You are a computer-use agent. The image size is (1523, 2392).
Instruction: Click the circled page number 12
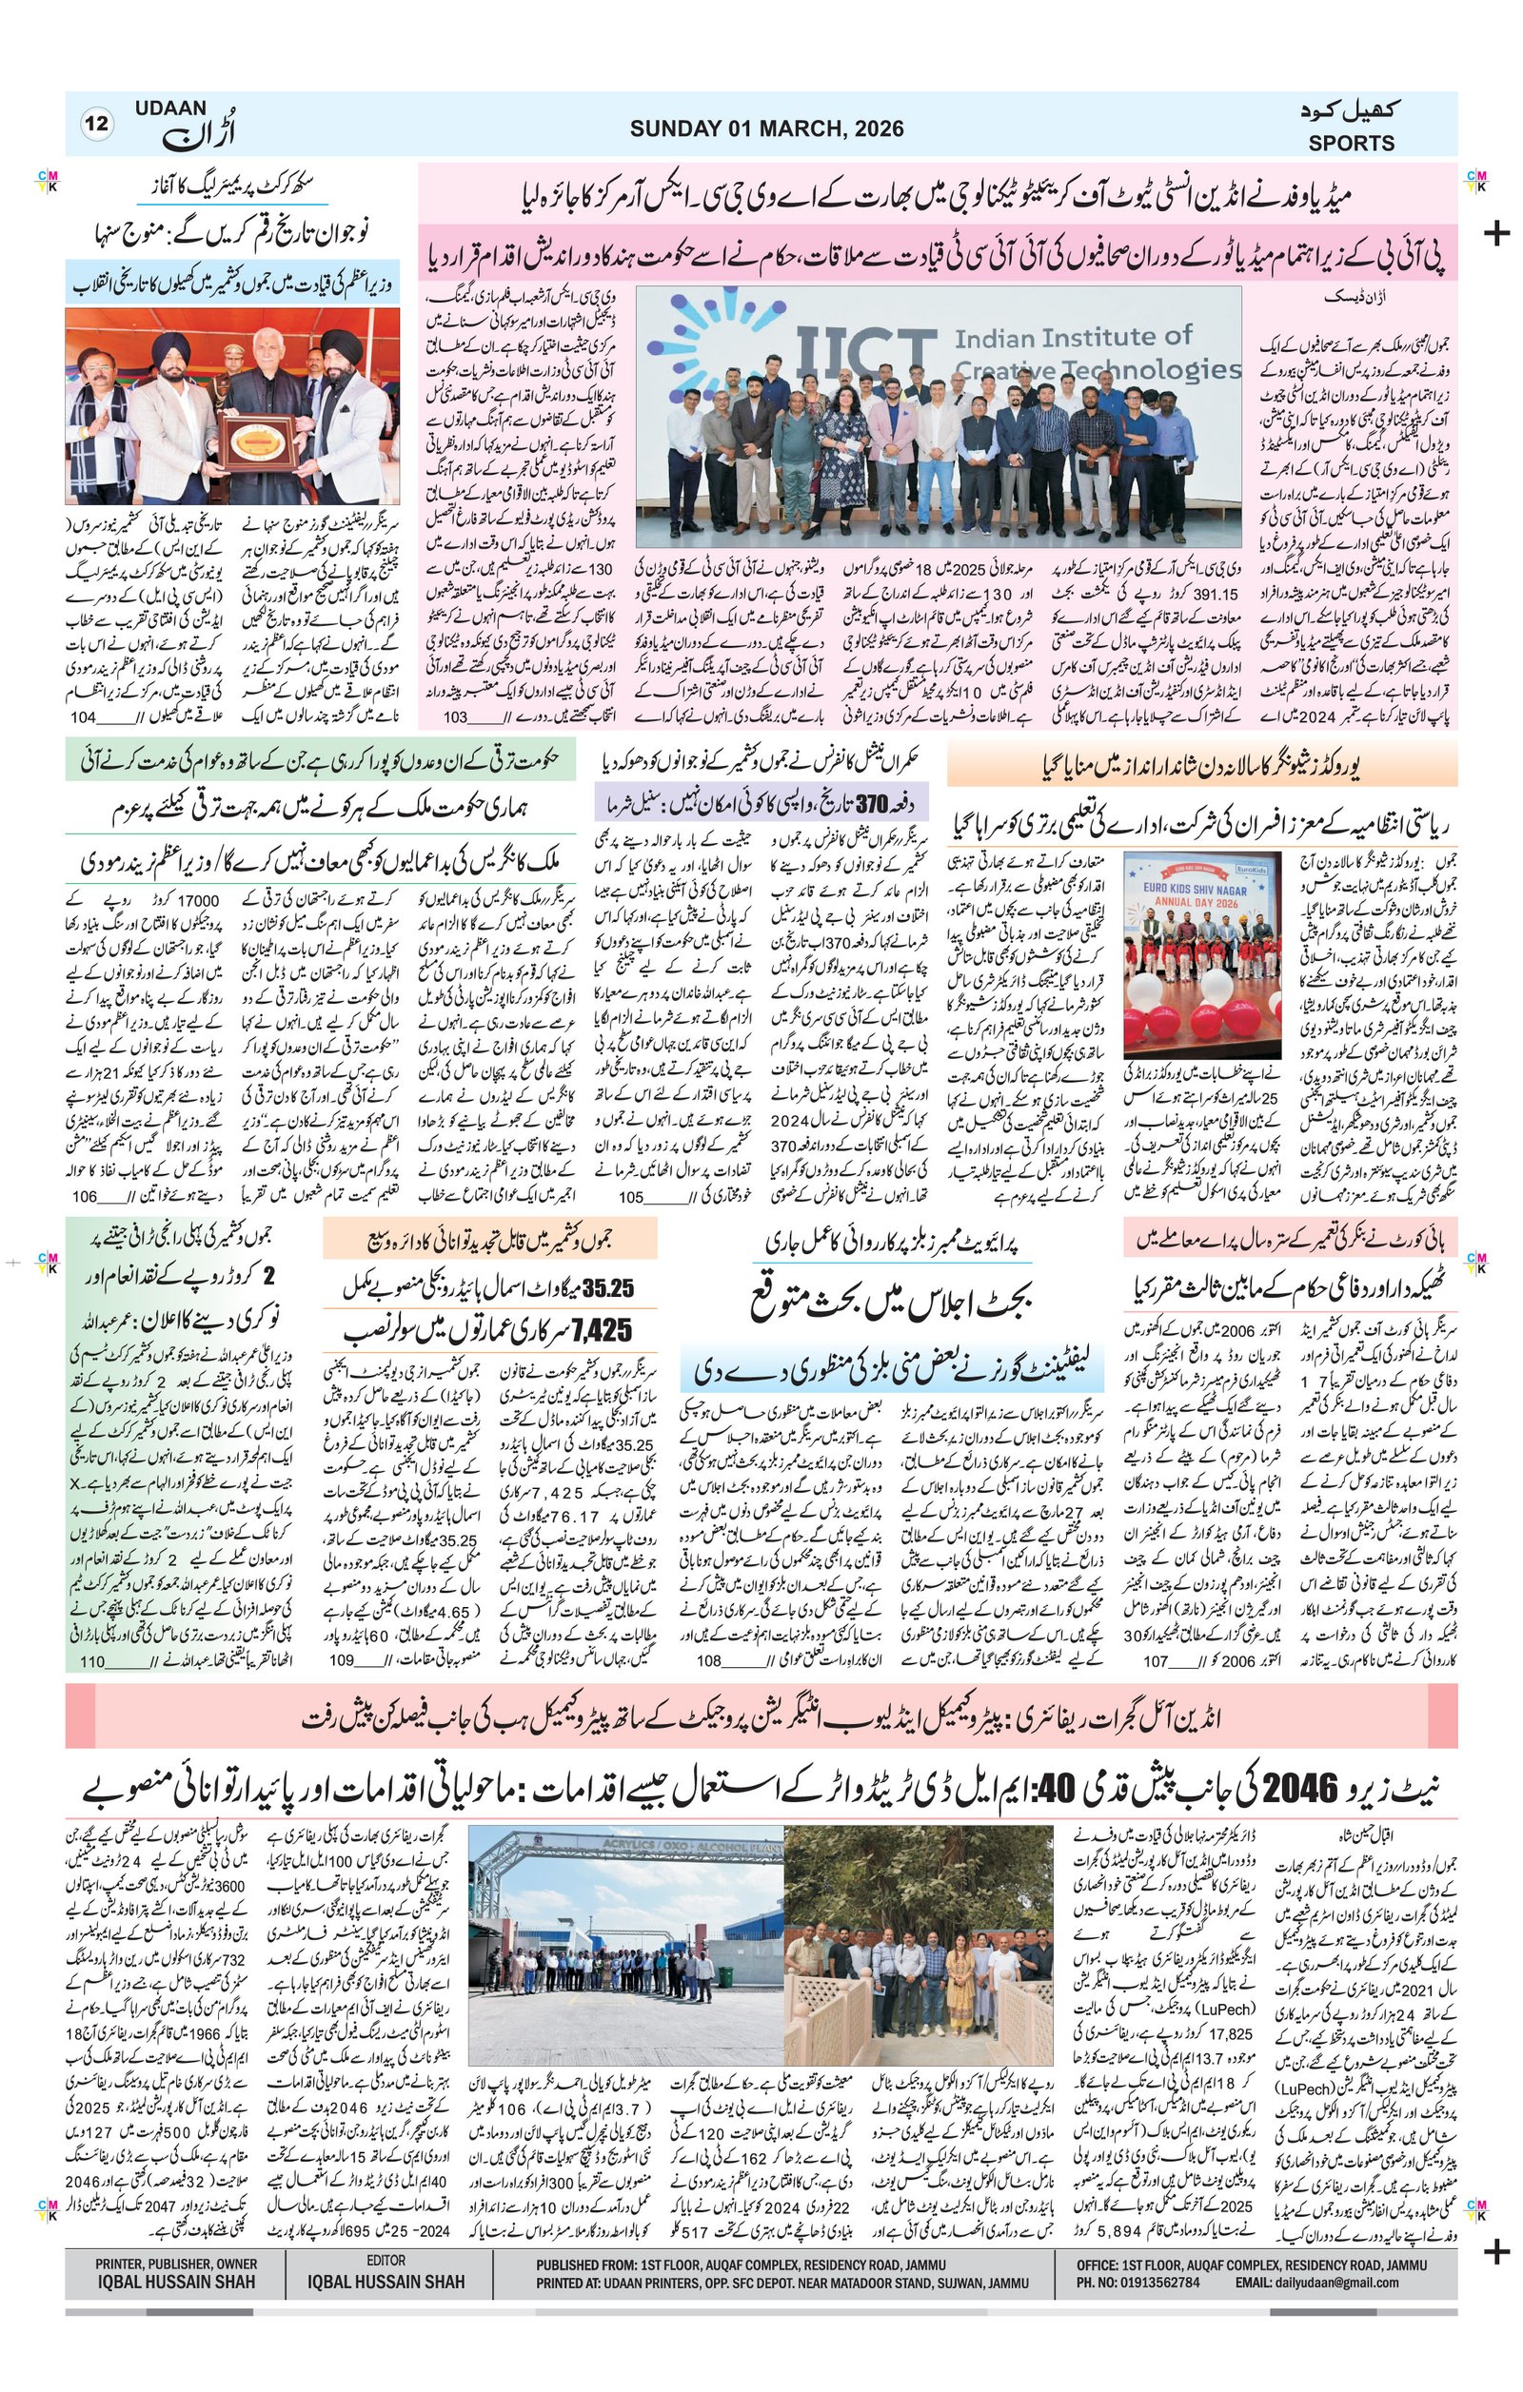pyautogui.click(x=98, y=125)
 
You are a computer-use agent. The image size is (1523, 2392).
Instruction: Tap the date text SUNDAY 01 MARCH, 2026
pyautogui.click(x=766, y=128)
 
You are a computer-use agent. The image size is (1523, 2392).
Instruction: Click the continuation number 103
pyautogui.click(x=455, y=716)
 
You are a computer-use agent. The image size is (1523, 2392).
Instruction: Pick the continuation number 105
pyautogui.click(x=631, y=1197)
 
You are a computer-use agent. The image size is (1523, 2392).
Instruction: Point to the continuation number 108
pyautogui.click(x=708, y=1662)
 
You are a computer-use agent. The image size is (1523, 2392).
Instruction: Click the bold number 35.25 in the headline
pyautogui.click(x=608, y=1288)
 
